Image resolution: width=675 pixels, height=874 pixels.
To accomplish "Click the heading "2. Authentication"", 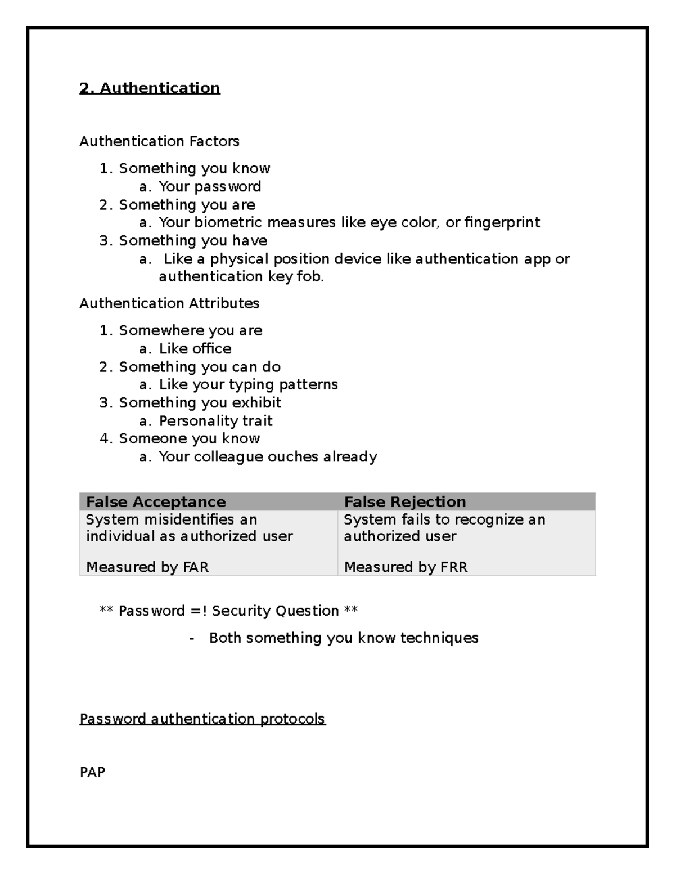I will pos(150,88).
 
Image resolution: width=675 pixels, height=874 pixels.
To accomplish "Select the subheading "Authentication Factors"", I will pos(159,141).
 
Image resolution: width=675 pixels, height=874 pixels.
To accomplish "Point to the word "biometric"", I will pos(228,222).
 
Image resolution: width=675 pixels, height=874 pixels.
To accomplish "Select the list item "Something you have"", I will pos(193,241).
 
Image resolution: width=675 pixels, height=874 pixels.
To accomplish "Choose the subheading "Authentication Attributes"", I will pos(169,303).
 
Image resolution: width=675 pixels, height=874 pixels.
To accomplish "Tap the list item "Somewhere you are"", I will pos(190,330).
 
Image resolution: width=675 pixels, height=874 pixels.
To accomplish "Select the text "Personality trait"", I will pos(215,421).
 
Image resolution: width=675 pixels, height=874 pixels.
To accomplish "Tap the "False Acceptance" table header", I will pos(156,501).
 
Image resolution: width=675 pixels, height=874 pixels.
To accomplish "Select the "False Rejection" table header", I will pos(405,501).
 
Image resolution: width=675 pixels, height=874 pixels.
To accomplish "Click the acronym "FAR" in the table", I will pos(196,567).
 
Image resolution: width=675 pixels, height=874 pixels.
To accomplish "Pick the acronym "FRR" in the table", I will pos(454,567).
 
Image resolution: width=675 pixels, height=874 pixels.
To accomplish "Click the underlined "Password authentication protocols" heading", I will pos(202,719).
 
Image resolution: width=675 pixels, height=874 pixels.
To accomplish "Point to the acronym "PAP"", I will pos(92,772).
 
